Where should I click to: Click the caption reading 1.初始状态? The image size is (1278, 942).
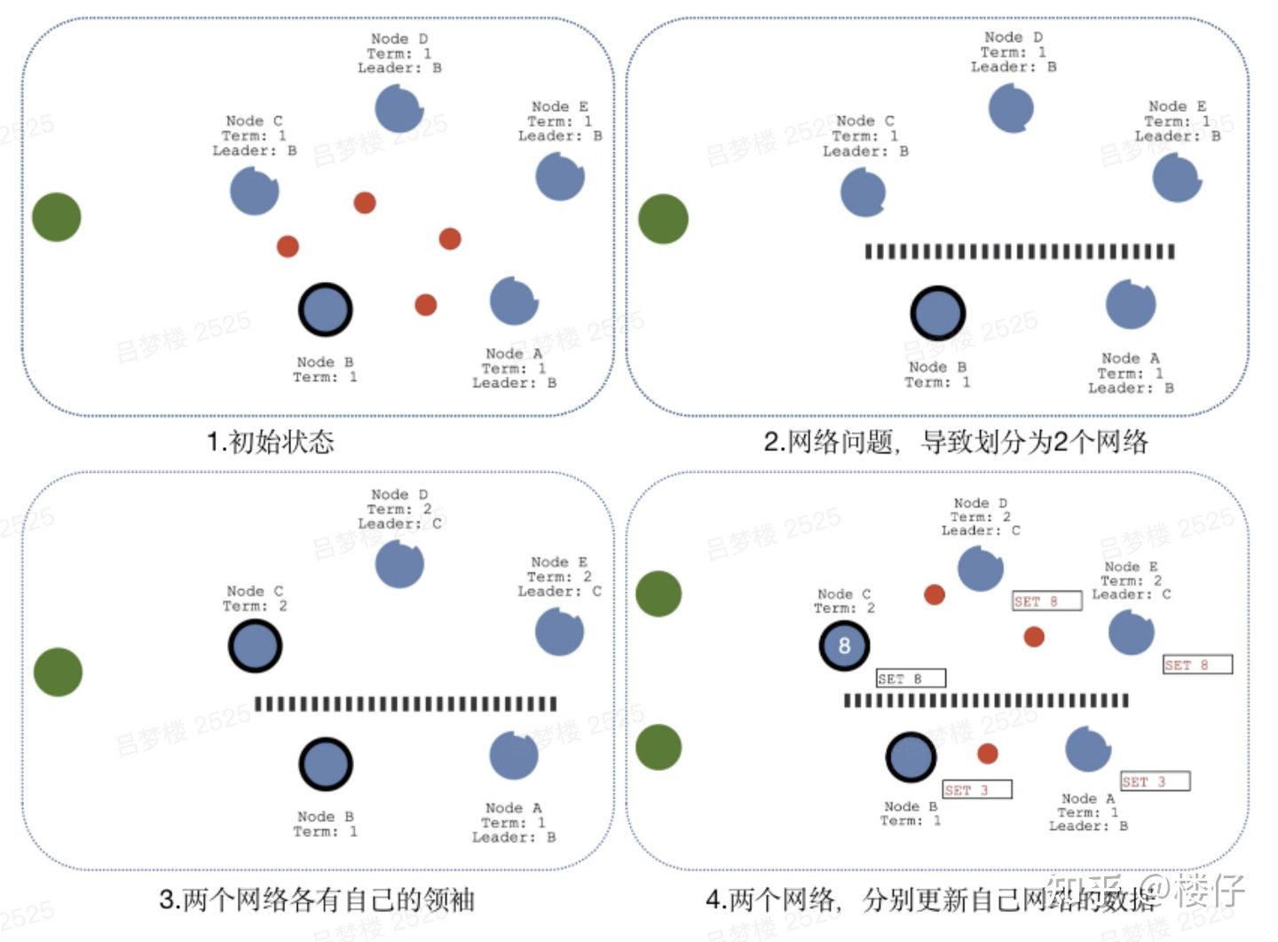click(x=270, y=442)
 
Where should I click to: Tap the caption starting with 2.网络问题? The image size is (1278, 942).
click(x=955, y=442)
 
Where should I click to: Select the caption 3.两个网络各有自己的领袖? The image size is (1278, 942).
click(x=317, y=899)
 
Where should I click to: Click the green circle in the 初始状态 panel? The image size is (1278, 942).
click(x=57, y=217)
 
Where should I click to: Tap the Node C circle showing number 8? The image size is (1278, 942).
click(x=844, y=646)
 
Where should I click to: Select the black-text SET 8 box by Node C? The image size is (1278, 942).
click(x=911, y=679)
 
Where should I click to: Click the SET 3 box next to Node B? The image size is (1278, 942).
click(x=976, y=789)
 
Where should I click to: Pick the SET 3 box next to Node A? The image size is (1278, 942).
click(x=1155, y=781)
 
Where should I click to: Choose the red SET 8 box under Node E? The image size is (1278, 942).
click(x=1197, y=664)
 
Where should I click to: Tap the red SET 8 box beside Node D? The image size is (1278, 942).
click(x=1046, y=601)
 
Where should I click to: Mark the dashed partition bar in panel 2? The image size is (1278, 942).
click(x=1020, y=252)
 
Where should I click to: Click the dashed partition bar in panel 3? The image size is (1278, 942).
click(x=406, y=704)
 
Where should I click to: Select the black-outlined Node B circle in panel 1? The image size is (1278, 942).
click(x=326, y=310)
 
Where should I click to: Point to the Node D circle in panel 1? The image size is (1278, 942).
click(x=399, y=109)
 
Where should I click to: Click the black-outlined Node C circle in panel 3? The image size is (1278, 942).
click(x=256, y=646)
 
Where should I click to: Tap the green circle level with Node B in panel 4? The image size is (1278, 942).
click(x=659, y=747)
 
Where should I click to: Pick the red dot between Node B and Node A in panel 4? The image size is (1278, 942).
click(x=988, y=754)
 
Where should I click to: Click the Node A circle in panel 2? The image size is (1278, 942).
click(x=1131, y=304)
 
